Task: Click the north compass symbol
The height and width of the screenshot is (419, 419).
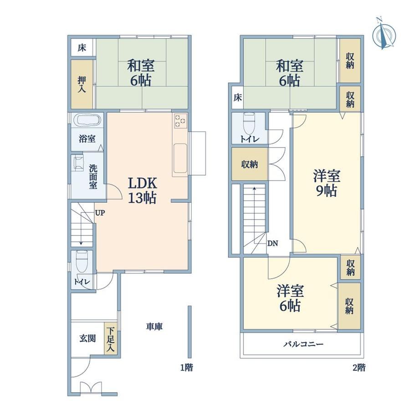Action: (384, 34)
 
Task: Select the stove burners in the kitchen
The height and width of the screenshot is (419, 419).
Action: (180, 121)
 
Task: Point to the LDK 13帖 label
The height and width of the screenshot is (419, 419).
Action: (142, 191)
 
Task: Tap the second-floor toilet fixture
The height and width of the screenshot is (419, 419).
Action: (249, 124)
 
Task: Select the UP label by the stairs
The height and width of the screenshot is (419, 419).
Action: (100, 213)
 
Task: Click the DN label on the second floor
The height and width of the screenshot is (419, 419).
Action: (273, 244)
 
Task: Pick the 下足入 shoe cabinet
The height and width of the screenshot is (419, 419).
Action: (110, 338)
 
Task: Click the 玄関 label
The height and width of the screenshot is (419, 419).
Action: (87, 338)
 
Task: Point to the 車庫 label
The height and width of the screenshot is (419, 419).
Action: (154, 327)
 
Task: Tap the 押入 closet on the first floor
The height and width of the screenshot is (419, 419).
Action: (82, 84)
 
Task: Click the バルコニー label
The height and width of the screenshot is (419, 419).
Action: (303, 344)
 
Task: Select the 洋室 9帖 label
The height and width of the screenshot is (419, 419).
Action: (327, 183)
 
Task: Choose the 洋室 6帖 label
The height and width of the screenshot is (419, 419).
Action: (290, 298)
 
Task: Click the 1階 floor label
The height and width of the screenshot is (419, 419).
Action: (187, 368)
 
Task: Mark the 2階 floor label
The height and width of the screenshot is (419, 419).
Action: (359, 368)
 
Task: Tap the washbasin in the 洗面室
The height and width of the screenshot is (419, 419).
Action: (78, 163)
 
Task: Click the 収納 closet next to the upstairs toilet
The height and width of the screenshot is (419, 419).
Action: (250, 164)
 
